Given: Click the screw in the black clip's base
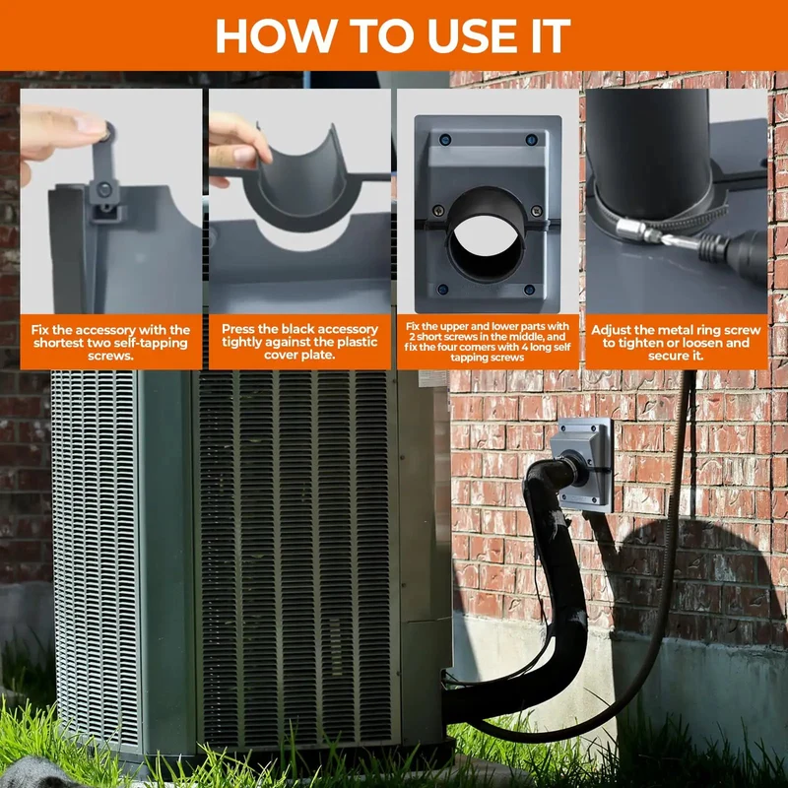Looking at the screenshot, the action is (104, 189).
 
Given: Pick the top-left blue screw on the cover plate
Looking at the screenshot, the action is (444, 139).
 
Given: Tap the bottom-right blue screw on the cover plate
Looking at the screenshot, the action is (529, 289).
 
